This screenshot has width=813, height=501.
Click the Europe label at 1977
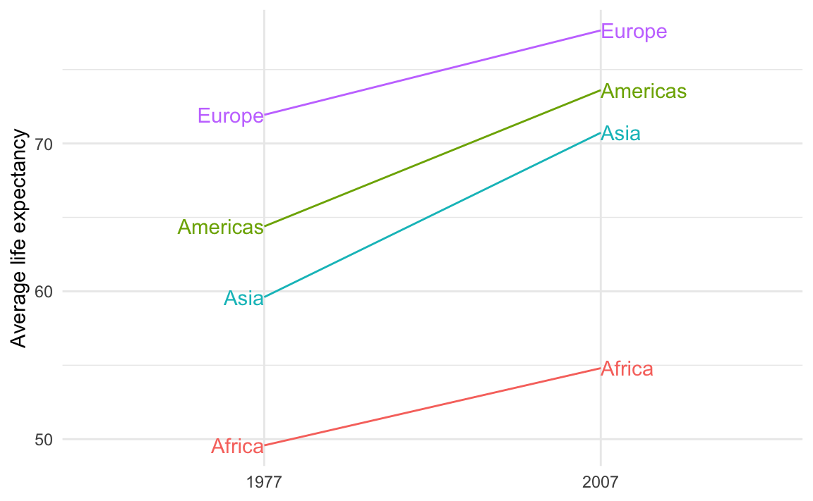point(230,116)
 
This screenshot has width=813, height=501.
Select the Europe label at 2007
point(634,32)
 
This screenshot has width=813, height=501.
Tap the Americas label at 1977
point(220,227)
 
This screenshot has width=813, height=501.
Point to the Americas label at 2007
point(644,92)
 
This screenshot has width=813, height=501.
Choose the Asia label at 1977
point(243,299)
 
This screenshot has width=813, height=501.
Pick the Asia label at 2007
point(620,133)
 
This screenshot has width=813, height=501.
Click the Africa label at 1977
point(237,446)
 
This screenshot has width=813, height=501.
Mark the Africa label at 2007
point(627,369)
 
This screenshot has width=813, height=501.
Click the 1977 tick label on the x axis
point(264,483)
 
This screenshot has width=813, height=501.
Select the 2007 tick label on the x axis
point(601,483)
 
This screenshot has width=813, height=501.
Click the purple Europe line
point(432,73)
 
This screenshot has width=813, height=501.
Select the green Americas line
point(432,159)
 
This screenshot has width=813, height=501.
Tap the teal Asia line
point(432,215)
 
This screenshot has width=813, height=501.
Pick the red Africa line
point(432,407)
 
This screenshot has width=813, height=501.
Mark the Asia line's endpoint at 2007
point(601,132)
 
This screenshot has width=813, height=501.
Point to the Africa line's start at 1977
point(264,445)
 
